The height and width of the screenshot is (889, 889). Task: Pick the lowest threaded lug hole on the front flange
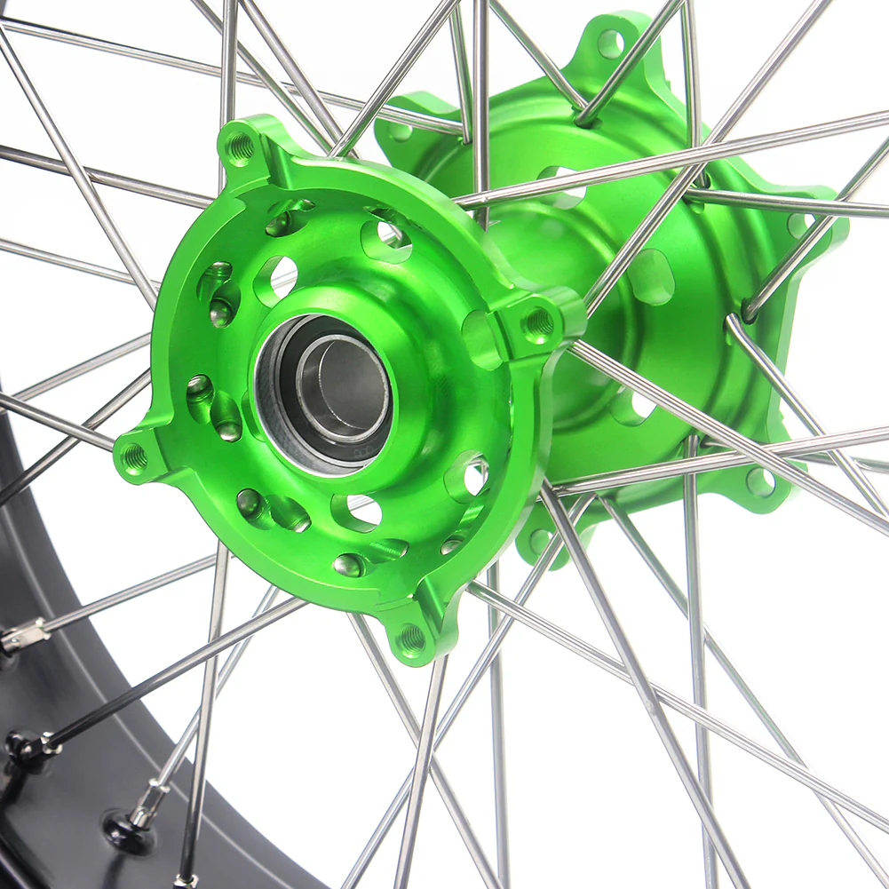coord(411,638)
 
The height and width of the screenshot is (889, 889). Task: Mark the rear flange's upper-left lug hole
coord(399,131)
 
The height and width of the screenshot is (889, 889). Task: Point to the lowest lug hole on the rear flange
coord(540,539)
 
